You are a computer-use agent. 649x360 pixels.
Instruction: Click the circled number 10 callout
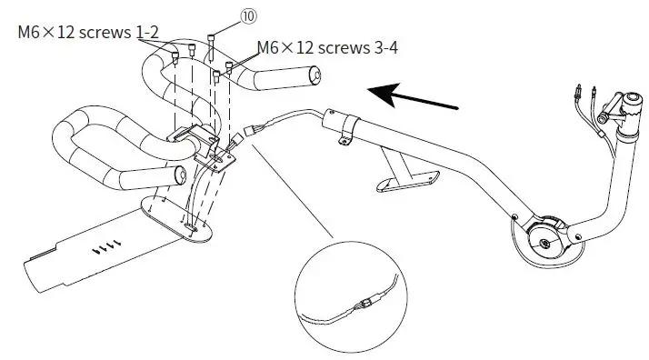pyautogui.click(x=223, y=15)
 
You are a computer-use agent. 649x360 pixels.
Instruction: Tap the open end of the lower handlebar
pyautogui.click(x=179, y=173)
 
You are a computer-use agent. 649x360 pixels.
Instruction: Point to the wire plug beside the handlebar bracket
pyautogui.click(x=239, y=139)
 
